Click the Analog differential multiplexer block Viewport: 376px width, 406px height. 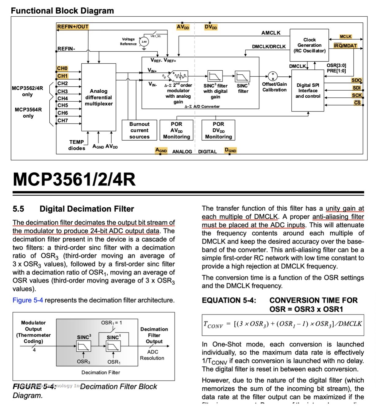click(98, 97)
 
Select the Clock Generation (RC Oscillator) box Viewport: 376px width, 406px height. click(309, 45)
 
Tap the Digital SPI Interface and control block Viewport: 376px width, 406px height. click(308, 91)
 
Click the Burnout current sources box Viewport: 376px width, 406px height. click(139, 130)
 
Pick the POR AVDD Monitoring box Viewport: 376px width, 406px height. click(176, 130)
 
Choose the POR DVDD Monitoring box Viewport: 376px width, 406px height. click(218, 130)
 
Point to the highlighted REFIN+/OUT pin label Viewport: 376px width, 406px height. click(73, 27)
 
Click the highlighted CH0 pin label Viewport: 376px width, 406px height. click(62, 68)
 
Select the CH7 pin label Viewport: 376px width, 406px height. click(63, 120)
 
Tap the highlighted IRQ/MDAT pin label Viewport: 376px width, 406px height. click(345, 46)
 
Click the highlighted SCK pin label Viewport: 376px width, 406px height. click(357, 95)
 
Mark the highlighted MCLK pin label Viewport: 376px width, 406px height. click(346, 37)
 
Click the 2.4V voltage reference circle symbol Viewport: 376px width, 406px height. click(144, 42)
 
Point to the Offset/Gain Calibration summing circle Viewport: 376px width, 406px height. click(273, 76)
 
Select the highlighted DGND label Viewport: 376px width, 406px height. click(230, 150)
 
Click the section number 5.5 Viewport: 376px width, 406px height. click(18, 209)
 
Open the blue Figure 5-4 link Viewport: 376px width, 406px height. click(28, 300)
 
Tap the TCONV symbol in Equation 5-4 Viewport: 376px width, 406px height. click(213, 324)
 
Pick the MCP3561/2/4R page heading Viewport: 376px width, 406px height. click(74, 179)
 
